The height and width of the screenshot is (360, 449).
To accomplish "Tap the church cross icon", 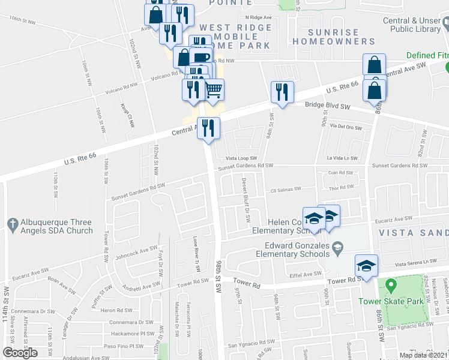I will [11, 225].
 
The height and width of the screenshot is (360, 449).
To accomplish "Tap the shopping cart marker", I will [214, 91].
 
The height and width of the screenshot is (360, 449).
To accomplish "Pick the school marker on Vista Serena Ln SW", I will [366, 265].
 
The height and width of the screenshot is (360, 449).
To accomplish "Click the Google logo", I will [20, 353].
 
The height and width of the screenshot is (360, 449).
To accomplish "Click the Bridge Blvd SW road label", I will [327, 106].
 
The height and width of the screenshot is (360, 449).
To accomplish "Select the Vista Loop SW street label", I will [241, 158].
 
